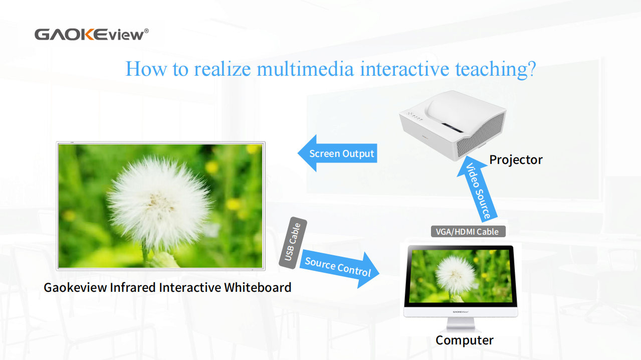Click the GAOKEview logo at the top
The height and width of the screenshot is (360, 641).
[x=92, y=35]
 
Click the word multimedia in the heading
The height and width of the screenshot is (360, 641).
[x=305, y=69]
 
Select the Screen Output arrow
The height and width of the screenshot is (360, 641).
[x=337, y=153]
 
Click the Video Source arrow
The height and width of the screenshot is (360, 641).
[x=477, y=189]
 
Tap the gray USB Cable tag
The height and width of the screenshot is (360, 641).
[x=293, y=243]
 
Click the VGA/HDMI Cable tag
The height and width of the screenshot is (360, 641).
[x=468, y=232]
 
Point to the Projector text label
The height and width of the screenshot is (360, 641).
[x=516, y=160]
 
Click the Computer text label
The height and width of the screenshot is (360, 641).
[x=465, y=340]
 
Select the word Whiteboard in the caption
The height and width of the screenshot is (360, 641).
[x=258, y=287]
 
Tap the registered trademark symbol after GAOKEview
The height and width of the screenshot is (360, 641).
[x=146, y=31]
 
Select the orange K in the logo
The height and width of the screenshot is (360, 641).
[x=85, y=35]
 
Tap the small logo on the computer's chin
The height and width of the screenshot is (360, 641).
[x=461, y=312]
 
